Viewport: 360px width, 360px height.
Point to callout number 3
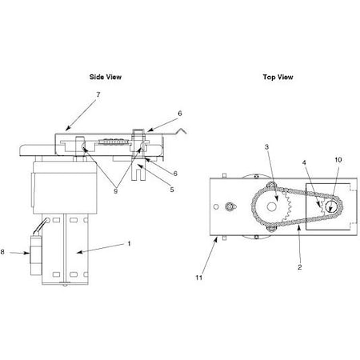click(x=266, y=147)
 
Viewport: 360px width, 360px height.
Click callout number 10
click(x=337, y=160)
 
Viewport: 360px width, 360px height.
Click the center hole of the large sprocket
click(x=273, y=206)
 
